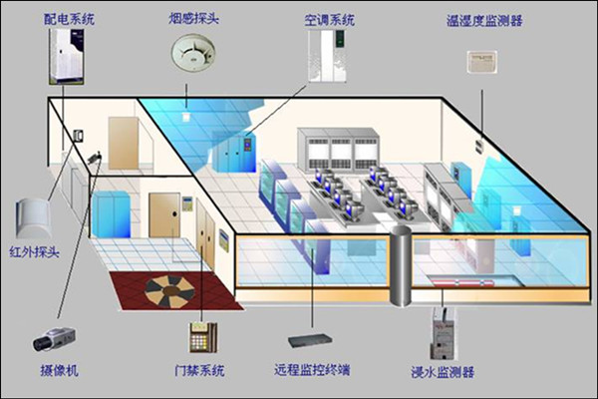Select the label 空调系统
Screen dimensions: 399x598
pos(330,17)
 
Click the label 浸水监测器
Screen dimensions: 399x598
pos(442,371)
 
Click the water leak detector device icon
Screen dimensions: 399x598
pos(441,334)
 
